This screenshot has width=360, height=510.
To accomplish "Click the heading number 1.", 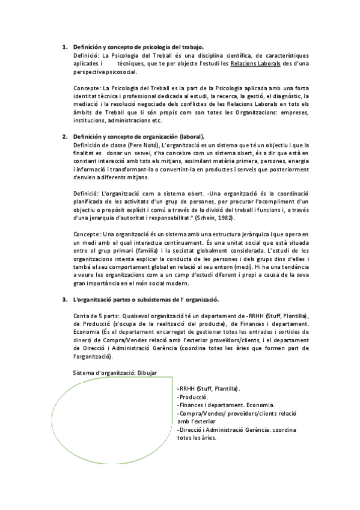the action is (65, 47).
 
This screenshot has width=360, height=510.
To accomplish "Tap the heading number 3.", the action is (65, 299).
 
